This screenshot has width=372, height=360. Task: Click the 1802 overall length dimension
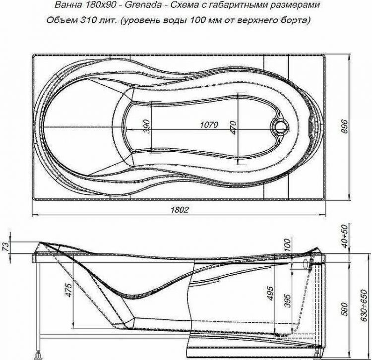point(181,209)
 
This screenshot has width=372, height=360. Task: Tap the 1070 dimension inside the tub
point(209,125)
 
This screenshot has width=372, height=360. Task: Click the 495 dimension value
point(271,294)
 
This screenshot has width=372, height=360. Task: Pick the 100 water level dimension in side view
point(287,245)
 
